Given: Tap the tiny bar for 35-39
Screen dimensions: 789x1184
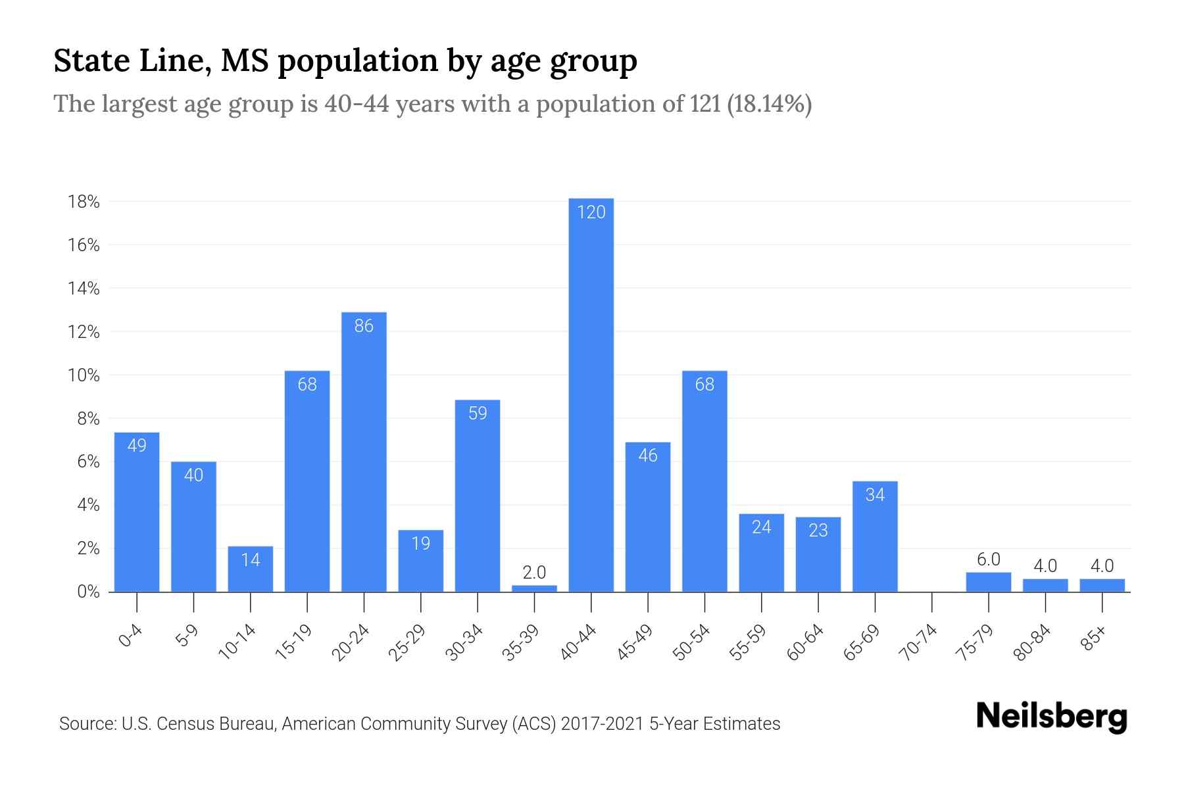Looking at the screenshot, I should click(x=534, y=588).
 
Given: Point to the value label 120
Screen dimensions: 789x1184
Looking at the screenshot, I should click(x=591, y=212).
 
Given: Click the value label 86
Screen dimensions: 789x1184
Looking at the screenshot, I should click(x=364, y=326).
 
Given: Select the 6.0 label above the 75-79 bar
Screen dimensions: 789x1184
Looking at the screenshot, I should click(x=988, y=560).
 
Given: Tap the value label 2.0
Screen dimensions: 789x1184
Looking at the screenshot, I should click(x=534, y=572).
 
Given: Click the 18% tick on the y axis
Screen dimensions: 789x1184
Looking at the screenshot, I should click(x=84, y=202).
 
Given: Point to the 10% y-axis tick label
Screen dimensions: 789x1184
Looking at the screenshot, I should click(x=84, y=375).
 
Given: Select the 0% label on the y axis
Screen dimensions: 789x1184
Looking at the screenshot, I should click(x=87, y=592).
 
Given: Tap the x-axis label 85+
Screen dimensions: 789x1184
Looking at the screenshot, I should click(x=1094, y=639).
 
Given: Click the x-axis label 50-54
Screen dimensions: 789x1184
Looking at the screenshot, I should click(x=691, y=643).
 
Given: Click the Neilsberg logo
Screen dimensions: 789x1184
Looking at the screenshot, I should click(x=1051, y=717).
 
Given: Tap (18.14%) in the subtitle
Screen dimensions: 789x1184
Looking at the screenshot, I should click(x=769, y=104).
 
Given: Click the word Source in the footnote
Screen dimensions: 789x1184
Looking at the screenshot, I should click(x=86, y=724).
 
